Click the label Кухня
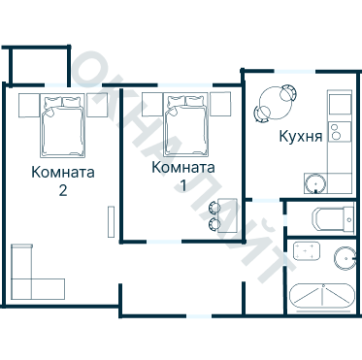pyautogui.click(x=300, y=137)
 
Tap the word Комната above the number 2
pyautogui.click(x=63, y=174)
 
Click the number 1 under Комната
pyautogui.click(x=183, y=184)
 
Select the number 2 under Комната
pyautogui.click(x=63, y=191)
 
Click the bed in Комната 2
pyautogui.click(x=63, y=129)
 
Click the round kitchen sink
pyautogui.click(x=314, y=182)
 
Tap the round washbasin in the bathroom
pyautogui.click(x=345, y=258)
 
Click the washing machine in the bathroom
pyautogui.click(x=308, y=251)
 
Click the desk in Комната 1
pyautogui.click(x=228, y=214)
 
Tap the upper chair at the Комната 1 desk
pyautogui.click(x=214, y=206)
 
